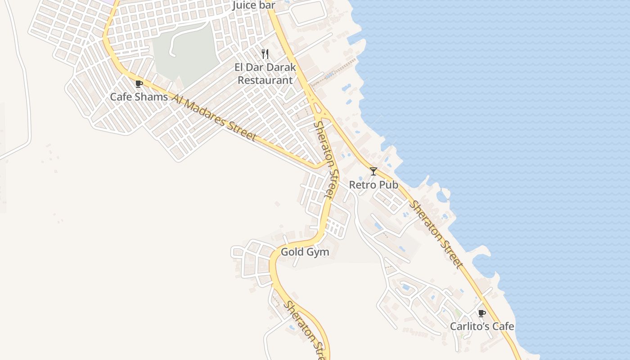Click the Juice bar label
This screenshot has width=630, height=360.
(254, 5)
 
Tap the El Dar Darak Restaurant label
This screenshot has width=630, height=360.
(265, 74)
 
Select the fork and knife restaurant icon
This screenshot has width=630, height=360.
(265, 54)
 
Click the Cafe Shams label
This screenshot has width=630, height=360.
(139, 97)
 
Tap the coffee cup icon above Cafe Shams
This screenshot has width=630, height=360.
(139, 84)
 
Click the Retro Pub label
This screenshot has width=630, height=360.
(373, 185)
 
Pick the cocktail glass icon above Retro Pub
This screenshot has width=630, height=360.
(373, 171)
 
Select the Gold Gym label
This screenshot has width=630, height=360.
(305, 252)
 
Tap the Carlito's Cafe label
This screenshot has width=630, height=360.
(482, 326)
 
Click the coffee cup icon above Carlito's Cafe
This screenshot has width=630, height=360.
(482, 313)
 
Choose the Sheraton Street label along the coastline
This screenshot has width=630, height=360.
(436, 234)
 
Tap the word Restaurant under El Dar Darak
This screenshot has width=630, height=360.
(265, 81)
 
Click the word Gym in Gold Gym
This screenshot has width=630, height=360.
(319, 252)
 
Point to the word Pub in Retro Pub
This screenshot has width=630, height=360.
(389, 185)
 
